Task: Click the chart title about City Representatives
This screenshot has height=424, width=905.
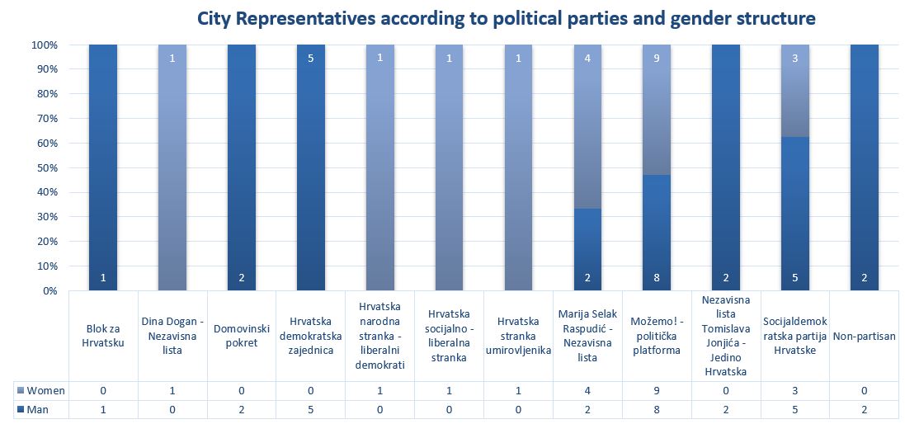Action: point(506,17)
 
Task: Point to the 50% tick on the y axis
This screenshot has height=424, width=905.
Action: point(45,167)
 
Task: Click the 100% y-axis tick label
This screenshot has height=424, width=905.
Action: point(44,45)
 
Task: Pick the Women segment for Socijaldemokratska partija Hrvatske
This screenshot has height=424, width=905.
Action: point(794,91)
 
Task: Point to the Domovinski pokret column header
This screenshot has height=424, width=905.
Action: point(242,336)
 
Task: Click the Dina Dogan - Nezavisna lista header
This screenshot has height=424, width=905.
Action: point(172,336)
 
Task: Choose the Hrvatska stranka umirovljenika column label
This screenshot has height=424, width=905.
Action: point(518,336)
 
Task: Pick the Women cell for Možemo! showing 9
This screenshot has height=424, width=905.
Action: point(656,389)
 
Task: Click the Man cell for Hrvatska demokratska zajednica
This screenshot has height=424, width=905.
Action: point(311,408)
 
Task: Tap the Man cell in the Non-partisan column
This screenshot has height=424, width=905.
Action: point(864,408)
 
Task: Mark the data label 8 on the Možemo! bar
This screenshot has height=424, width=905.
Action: point(656,278)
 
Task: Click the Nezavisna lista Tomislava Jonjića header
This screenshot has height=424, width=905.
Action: point(725,336)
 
